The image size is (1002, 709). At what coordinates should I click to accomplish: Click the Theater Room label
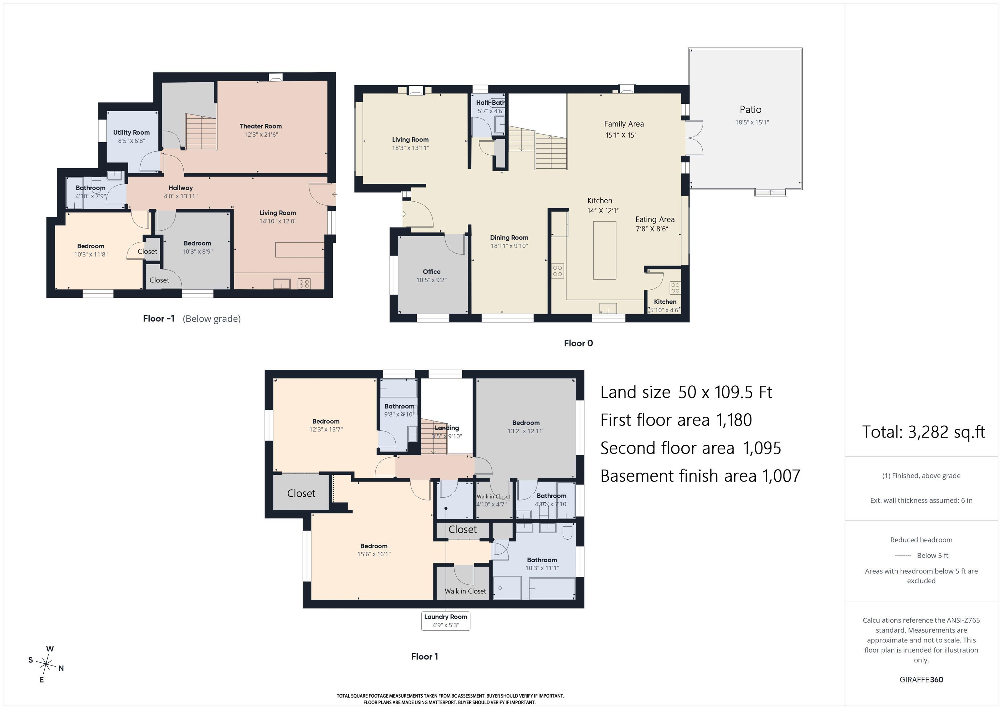261,126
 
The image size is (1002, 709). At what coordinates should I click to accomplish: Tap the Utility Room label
131,132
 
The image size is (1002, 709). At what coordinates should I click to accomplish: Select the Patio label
750,110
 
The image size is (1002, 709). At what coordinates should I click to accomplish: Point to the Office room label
431,271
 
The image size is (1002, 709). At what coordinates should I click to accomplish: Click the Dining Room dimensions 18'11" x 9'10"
509,246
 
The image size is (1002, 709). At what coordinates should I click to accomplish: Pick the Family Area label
624,124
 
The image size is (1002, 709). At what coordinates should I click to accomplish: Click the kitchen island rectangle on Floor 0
604,250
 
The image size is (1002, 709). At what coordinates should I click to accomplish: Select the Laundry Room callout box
446,620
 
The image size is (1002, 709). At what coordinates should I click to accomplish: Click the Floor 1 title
424,656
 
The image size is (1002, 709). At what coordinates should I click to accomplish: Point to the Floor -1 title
159,319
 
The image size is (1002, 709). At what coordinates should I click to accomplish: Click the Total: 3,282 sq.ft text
923,432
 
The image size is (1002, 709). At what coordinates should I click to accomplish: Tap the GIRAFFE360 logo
921,679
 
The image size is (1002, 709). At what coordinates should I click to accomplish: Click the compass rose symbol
46,665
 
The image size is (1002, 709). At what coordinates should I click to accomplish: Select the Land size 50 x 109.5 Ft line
686,392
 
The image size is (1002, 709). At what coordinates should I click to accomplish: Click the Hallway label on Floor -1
181,188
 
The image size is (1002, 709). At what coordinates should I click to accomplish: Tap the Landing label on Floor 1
447,428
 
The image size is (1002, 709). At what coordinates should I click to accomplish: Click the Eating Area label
655,220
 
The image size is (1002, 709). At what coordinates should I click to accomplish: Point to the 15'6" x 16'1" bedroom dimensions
374,554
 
